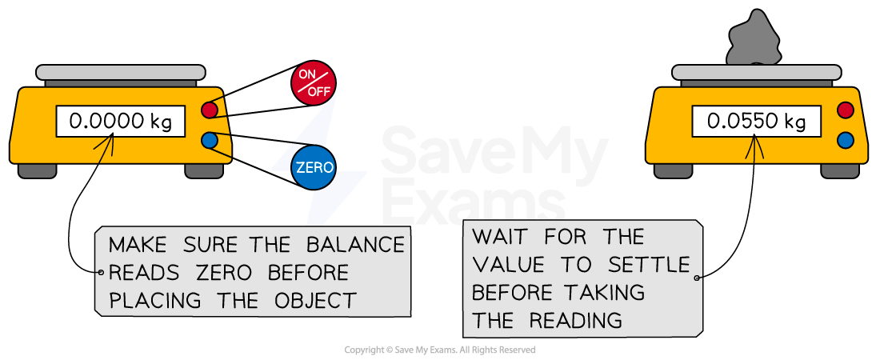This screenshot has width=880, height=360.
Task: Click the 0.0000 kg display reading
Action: pos(119,122)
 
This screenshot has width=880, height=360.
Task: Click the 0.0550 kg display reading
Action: pos(756,122)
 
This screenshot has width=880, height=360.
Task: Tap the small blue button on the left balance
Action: pos(210,140)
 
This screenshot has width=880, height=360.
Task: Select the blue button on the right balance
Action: pos(845,140)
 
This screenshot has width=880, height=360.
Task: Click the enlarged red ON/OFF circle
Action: pos(314,82)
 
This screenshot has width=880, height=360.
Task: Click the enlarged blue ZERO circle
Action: pos(314,167)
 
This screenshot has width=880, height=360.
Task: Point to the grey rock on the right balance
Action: pos(752,44)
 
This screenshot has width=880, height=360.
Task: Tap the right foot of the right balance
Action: pos(840,170)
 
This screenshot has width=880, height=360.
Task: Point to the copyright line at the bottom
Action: pos(439,350)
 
